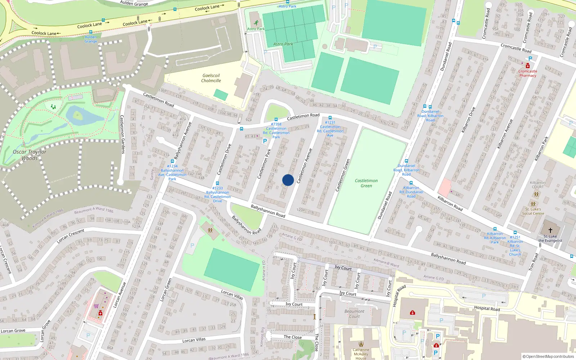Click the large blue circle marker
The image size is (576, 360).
(288, 180)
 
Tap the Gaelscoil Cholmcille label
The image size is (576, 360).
(211, 78)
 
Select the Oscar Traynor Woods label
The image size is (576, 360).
(30, 155)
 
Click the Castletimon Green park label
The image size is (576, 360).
(366, 183)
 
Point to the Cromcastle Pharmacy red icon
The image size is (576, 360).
(528, 66)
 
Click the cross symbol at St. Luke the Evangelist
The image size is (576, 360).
(550, 230)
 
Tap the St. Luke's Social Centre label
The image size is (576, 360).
(533, 211)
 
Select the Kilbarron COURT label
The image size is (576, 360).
(537, 185)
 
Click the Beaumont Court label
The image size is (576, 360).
(354, 314)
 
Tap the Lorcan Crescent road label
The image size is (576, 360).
(71, 236)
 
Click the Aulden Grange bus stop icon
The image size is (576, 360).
(91, 32)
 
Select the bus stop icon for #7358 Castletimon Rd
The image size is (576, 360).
(276, 120)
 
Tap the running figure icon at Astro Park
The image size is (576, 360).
(256, 23)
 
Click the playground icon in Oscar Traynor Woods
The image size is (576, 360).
(53, 107)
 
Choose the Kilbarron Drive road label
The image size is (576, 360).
(468, 120)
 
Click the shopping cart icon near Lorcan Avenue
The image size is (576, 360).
(96, 306)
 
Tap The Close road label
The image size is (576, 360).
(293, 337)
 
